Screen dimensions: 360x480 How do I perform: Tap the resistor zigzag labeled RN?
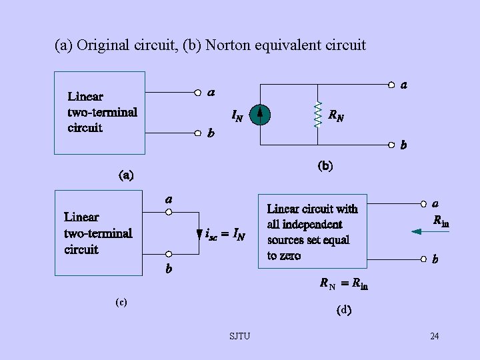(x=317, y=115)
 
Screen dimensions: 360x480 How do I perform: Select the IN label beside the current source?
(x=237, y=116)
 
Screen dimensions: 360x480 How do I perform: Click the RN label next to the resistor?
(x=336, y=115)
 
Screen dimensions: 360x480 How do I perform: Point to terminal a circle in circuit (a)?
(x=198, y=93)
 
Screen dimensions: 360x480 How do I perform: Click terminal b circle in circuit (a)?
(x=198, y=132)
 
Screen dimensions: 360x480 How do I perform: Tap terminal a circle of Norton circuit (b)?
(x=391, y=85)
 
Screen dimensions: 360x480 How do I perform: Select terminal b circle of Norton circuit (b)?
(x=391, y=143)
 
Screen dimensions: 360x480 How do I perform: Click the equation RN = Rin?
(x=343, y=285)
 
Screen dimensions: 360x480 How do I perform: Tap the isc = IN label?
(x=225, y=235)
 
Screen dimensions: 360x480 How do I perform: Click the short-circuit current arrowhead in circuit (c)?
(x=199, y=235)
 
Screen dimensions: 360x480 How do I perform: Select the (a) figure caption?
(x=125, y=176)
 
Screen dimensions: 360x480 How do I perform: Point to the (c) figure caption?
(x=121, y=302)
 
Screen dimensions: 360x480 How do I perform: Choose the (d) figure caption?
(x=344, y=309)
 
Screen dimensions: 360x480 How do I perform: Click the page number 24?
(x=434, y=336)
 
